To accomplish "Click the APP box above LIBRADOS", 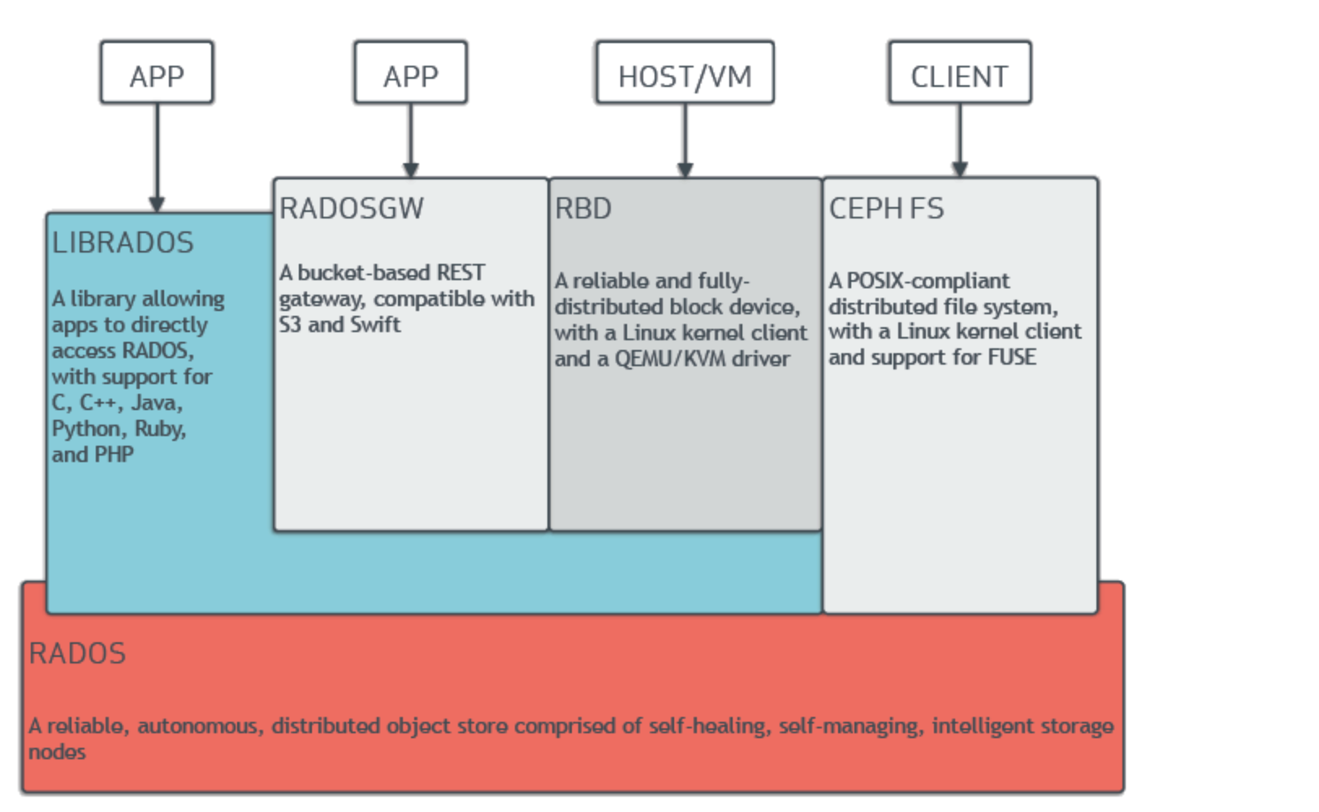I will (157, 73).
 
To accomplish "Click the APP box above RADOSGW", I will (410, 73).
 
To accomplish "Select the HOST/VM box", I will (685, 73).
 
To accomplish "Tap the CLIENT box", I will (959, 73).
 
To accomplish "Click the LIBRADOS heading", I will (123, 243).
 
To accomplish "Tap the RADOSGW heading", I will (351, 209).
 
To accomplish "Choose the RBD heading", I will (582, 209).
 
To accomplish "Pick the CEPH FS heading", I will (886, 209).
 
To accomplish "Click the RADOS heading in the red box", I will (77, 654).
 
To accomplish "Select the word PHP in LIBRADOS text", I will (115, 455).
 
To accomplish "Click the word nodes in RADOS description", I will (57, 752).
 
